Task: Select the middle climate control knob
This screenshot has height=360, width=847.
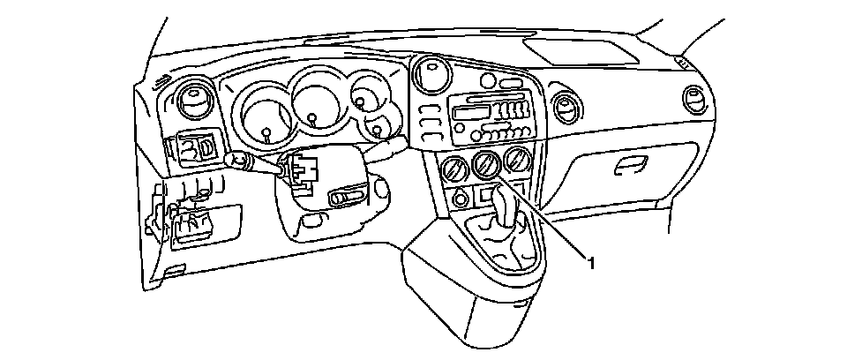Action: (x=484, y=163)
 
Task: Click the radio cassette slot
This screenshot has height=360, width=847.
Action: (x=472, y=113)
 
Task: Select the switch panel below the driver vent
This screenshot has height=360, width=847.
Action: (x=197, y=148)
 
